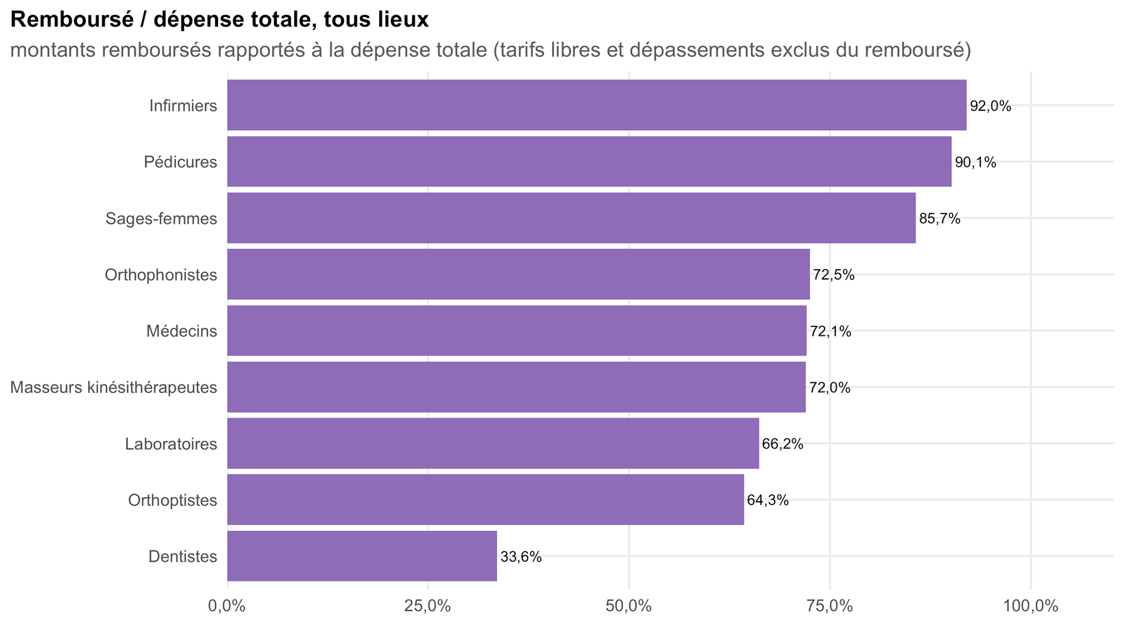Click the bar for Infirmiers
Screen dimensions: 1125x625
(597, 105)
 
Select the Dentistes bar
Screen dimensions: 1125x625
(362, 556)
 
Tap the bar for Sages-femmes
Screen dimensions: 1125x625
(572, 218)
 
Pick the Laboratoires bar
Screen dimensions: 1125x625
(493, 444)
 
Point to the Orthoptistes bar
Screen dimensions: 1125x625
(486, 499)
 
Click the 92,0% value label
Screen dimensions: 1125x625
(991, 106)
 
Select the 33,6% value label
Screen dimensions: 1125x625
(521, 557)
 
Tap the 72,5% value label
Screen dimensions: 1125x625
(834, 275)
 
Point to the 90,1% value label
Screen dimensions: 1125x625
(975, 162)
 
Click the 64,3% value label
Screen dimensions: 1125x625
(768, 500)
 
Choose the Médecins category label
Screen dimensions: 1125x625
(182, 331)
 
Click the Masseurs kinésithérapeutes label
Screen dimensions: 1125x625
(113, 387)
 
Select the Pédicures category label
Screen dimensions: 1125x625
(180, 162)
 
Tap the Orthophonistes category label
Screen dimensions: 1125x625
(161, 275)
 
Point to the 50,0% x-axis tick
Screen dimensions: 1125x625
(629, 607)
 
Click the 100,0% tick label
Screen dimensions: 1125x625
(1031, 607)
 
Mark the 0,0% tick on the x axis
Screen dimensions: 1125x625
(227, 607)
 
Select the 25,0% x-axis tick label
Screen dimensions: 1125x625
(428, 607)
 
